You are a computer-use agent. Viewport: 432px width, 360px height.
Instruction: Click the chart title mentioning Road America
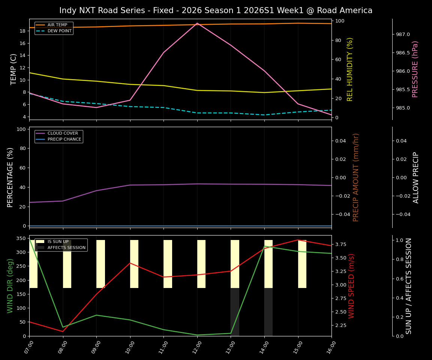[216, 10]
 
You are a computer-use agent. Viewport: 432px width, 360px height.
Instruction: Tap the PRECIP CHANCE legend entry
[64, 139]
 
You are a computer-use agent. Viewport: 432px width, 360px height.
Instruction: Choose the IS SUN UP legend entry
[58, 241]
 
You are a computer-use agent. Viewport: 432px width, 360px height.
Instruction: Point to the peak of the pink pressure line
[197, 23]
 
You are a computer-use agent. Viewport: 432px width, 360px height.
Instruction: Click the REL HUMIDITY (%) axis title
[350, 69]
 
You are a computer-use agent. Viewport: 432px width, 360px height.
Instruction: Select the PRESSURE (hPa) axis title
[415, 69]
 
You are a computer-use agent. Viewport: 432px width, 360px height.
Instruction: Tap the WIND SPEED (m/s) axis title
[351, 286]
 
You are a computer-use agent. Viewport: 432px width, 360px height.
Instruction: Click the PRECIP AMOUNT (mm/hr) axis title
[356, 177]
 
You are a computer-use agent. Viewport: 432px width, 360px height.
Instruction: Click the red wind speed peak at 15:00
[298, 240]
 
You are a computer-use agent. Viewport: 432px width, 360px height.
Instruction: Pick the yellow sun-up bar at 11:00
[168, 264]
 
